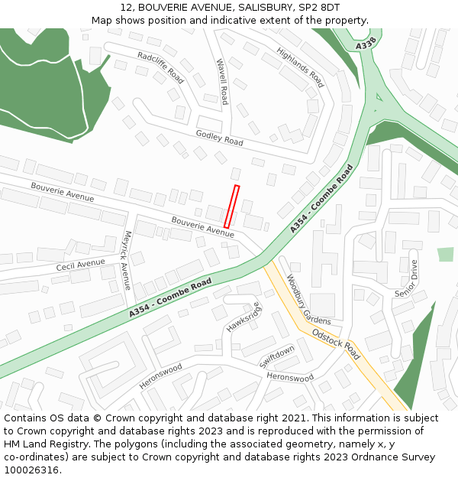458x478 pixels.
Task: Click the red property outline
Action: (x=231, y=206)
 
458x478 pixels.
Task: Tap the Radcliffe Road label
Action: (x=161, y=67)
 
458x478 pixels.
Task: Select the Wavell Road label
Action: (x=222, y=82)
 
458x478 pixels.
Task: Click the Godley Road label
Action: (x=219, y=138)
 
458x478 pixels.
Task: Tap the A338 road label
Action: (x=366, y=47)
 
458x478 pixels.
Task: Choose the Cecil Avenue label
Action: (x=80, y=265)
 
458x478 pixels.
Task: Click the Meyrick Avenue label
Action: (x=127, y=260)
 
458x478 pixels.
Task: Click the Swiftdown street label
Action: (x=276, y=356)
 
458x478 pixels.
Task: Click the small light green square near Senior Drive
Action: (x=445, y=255)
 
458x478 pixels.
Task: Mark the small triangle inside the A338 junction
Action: (x=377, y=98)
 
